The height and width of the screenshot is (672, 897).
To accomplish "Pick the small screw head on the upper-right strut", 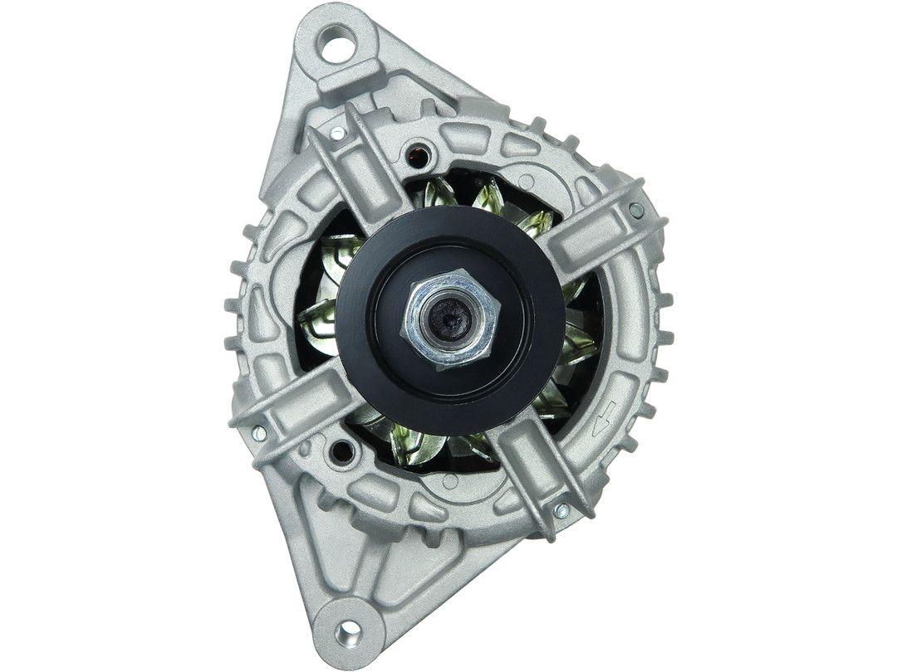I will pyautogui.click(x=636, y=210).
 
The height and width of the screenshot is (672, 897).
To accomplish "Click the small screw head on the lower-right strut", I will pyautogui.click(x=562, y=509).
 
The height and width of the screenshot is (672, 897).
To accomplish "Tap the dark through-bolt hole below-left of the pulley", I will pyautogui.click(x=337, y=452).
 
